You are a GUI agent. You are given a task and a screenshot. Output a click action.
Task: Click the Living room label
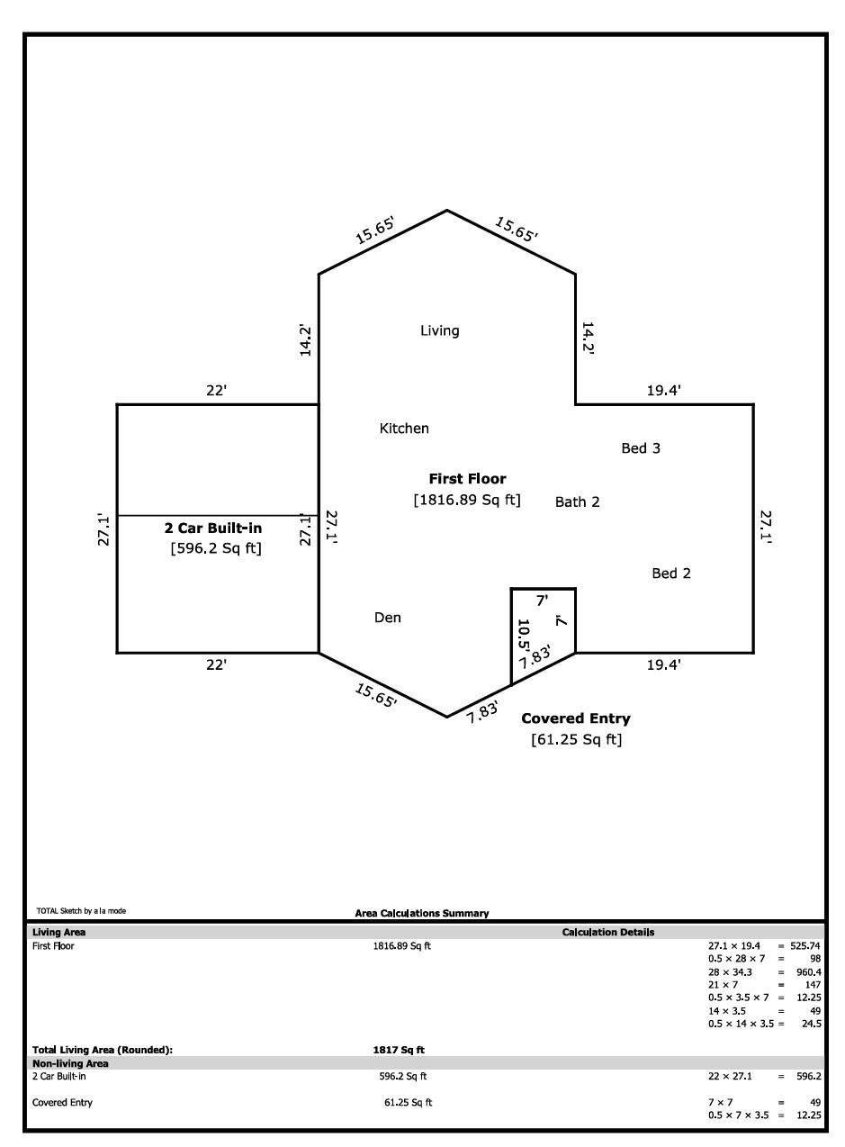440,330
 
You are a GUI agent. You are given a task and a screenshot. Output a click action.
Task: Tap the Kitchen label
404,428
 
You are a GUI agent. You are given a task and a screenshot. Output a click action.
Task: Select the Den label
388,618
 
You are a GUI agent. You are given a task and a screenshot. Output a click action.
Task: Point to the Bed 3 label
641,448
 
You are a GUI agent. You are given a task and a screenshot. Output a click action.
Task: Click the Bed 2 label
671,573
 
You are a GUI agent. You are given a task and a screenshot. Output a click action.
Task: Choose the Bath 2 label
578,501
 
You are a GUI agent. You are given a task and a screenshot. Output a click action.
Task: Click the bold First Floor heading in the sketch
467,479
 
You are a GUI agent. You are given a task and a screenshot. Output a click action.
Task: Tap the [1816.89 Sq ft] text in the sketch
467,500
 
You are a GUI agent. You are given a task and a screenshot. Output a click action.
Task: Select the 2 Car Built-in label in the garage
213,528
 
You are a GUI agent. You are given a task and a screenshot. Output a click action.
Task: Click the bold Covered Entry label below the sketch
576,718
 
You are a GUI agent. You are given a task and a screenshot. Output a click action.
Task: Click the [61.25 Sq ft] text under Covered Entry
576,739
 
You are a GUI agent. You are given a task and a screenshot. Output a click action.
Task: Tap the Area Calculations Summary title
422,913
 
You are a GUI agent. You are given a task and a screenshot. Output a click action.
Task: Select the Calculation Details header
608,932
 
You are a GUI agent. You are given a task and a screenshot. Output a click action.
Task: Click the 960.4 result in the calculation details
809,971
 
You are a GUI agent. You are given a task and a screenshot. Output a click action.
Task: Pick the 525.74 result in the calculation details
805,945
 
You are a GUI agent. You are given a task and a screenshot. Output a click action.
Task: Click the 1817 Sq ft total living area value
399,1050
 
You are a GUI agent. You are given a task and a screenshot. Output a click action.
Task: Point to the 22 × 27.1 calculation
730,1077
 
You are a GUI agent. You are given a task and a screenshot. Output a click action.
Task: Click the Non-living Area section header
70,1063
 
